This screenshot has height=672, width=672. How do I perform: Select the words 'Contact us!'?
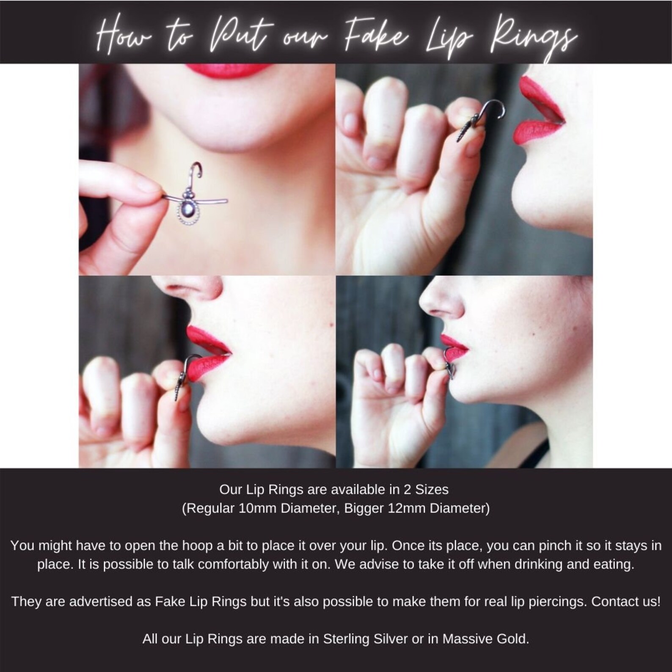625,601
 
